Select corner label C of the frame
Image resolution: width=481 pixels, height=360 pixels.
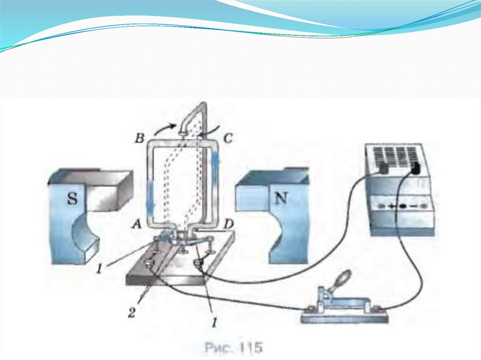[227, 138]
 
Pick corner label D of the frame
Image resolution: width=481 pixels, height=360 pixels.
[228, 224]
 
